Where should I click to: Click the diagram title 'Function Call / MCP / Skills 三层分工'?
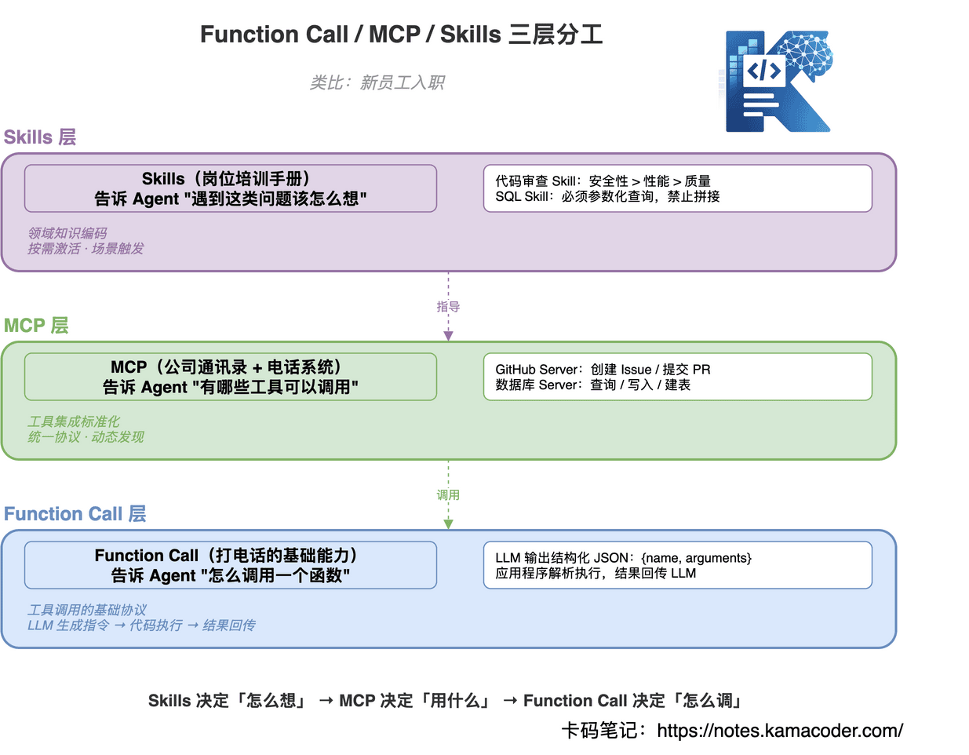click(401, 35)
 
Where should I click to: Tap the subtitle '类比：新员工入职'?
click(377, 82)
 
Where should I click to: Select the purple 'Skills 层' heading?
click(40, 137)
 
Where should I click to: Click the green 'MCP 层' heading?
click(36, 326)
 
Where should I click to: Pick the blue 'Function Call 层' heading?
click(75, 514)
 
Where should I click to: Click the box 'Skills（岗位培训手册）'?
click(230, 188)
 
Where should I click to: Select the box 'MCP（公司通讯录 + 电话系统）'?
click(230, 377)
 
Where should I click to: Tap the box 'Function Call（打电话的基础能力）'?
click(230, 565)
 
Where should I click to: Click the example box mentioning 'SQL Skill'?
click(677, 188)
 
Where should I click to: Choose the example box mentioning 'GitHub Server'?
click(677, 377)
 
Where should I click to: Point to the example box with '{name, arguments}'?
click(677, 565)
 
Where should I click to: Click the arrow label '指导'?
click(448, 307)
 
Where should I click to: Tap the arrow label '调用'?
click(448, 495)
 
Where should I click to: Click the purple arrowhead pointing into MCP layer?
click(448, 336)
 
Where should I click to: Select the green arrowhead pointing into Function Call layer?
click(448, 524)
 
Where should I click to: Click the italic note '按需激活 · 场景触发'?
click(86, 249)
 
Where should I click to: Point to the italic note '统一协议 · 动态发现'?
click(86, 437)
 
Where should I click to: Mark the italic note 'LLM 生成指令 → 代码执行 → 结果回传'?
click(141, 626)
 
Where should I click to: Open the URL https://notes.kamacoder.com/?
click(779, 731)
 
